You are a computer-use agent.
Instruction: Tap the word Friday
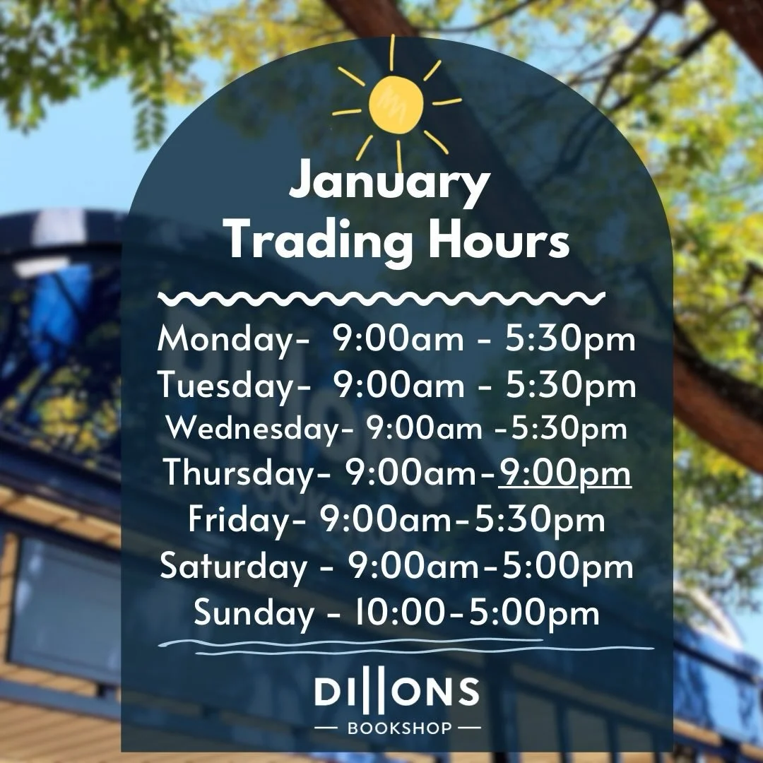242,520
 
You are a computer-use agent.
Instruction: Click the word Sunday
254,612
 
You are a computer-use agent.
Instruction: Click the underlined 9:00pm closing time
564,473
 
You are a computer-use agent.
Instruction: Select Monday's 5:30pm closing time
569,341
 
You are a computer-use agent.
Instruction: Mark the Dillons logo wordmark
397,692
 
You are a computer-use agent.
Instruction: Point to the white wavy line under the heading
381,298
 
